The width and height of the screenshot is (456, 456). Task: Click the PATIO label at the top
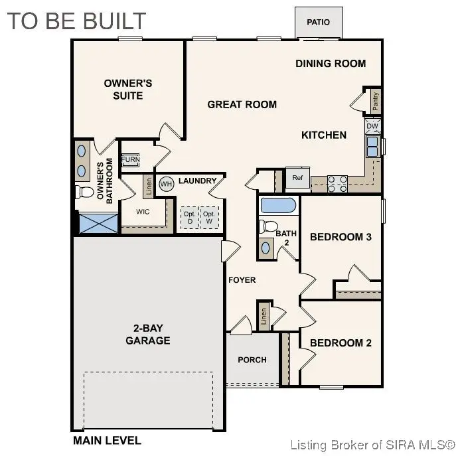point(318,23)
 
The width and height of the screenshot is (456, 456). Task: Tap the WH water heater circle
point(166,183)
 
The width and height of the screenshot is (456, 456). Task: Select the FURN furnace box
point(130,161)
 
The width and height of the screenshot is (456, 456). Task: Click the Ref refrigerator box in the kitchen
point(297,178)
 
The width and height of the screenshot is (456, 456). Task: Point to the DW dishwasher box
point(372,125)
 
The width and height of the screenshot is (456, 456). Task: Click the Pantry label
point(376,101)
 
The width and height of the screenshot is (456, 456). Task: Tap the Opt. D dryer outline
point(189,218)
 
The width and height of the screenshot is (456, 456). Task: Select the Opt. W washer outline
point(209,218)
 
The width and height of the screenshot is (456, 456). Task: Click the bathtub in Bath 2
point(277,205)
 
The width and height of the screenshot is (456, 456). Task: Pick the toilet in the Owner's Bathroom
point(84,192)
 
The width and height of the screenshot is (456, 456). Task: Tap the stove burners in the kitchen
point(337,183)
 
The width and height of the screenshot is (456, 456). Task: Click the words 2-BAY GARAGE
point(148,335)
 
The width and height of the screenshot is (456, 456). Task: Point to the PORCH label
point(252,360)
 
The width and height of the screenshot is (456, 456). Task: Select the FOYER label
point(242,280)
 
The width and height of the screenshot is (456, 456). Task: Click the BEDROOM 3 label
point(341,237)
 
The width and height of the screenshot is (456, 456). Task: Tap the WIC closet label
point(142,212)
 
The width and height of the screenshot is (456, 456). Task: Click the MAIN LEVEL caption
point(106,440)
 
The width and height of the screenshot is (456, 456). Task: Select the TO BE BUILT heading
point(76,21)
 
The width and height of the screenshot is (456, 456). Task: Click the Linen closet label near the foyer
point(264,317)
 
